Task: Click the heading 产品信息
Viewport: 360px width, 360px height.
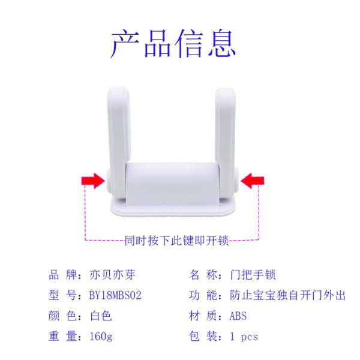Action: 173,43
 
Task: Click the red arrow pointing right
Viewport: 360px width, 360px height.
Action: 93,181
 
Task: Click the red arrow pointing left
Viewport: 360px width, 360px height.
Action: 253,181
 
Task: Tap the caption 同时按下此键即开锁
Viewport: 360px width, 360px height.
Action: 176,241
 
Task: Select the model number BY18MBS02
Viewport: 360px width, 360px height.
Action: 115,295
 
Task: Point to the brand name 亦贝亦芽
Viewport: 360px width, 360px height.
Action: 112,275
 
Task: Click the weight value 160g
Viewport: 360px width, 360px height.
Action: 101,337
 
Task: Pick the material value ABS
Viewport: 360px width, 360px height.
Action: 238,316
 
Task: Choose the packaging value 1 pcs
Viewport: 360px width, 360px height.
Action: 244,337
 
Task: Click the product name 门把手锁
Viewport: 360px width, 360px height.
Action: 253,275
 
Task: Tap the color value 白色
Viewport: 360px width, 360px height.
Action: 101,316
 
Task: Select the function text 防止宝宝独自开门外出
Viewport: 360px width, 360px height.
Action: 287,295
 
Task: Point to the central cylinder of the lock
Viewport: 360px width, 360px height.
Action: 172,184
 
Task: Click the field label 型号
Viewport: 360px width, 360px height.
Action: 62,295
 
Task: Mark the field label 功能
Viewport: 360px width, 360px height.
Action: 203,295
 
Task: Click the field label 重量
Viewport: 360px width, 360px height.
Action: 62,337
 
